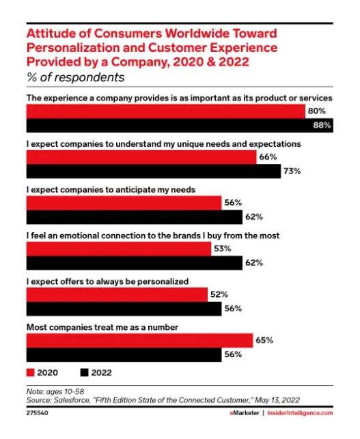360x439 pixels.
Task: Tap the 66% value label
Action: pyautogui.click(x=268, y=157)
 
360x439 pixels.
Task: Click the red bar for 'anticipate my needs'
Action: pyautogui.click(x=124, y=203)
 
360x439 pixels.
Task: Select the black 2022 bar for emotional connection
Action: pyautogui.click(x=134, y=263)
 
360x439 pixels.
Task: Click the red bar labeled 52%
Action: pyautogui.click(x=117, y=294)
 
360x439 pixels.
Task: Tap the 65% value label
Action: pyautogui.click(x=264, y=340)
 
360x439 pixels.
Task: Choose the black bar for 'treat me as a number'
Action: pyautogui.click(x=124, y=354)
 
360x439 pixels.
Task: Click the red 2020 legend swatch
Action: pyautogui.click(x=31, y=373)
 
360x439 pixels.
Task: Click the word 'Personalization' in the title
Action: pyautogui.click(x=67, y=48)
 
